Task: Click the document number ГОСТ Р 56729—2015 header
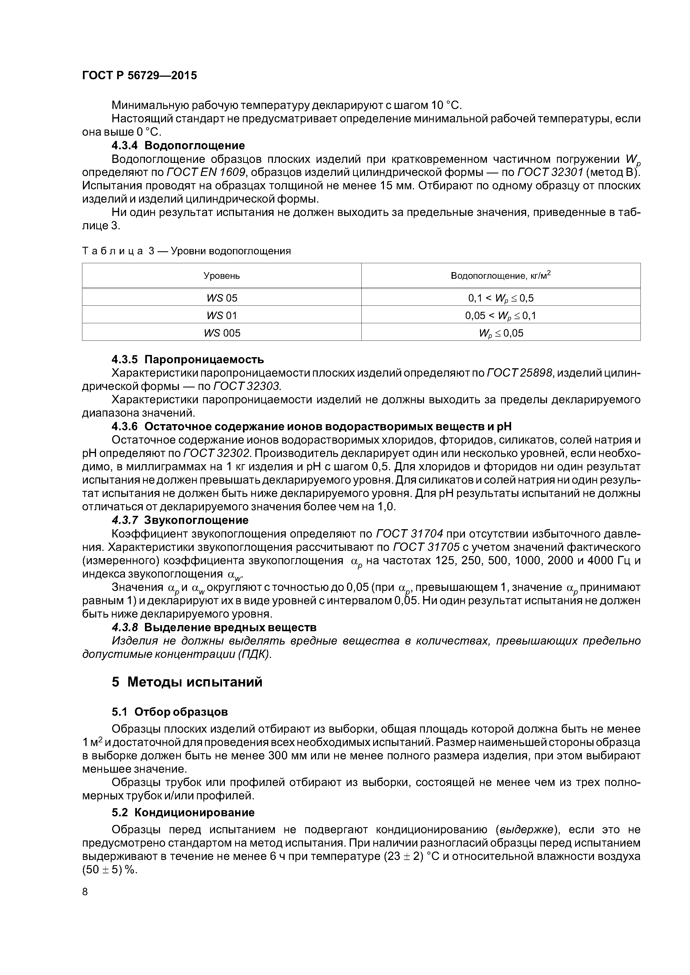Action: click(139, 76)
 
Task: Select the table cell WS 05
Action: click(221, 298)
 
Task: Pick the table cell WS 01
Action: click(221, 315)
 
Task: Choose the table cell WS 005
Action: click(221, 333)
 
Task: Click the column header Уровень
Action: click(221, 276)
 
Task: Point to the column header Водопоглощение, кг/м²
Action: click(500, 276)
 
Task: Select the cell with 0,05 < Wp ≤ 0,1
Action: click(500, 315)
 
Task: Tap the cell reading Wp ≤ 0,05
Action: click(500, 333)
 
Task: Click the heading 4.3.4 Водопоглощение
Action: click(178, 146)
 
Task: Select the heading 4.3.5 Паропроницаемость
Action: click(188, 360)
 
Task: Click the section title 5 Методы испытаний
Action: click(187, 682)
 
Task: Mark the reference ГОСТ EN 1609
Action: click(206, 172)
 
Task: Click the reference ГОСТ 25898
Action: click(519, 373)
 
